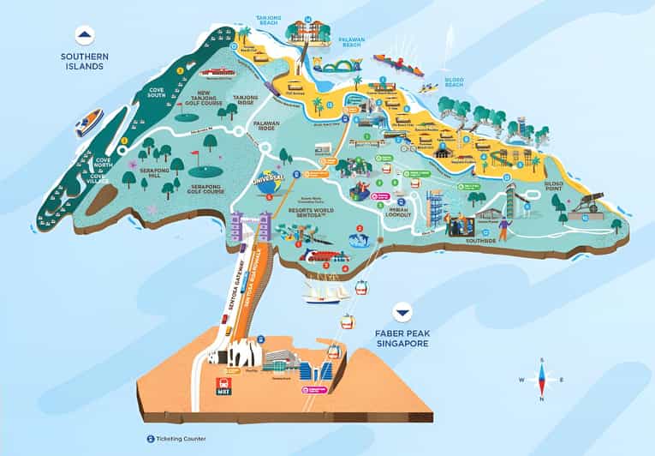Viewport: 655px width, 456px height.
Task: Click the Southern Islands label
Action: click(x=83, y=63)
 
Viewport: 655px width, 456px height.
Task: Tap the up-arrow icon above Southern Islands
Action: click(x=84, y=35)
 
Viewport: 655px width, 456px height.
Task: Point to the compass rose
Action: click(x=540, y=379)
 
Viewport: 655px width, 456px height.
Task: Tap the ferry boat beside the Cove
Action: click(x=88, y=122)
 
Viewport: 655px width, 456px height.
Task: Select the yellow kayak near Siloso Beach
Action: click(x=428, y=87)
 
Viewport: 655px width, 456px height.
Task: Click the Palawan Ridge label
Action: click(x=267, y=129)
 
